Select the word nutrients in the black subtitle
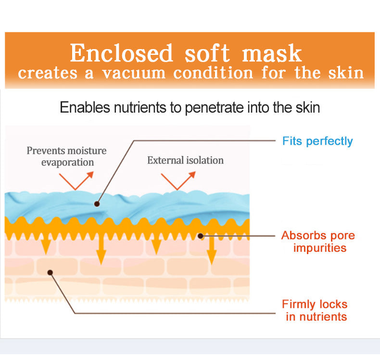139,107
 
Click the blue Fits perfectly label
317,141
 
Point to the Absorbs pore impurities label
318,242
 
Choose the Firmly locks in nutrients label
315,310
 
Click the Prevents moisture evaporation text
66,156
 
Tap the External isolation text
185,160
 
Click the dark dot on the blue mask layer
97,204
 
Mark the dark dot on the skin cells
51,272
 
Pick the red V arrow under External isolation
177,180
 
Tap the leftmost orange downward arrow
46,245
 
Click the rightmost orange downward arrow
211,250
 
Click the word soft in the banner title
207,53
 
